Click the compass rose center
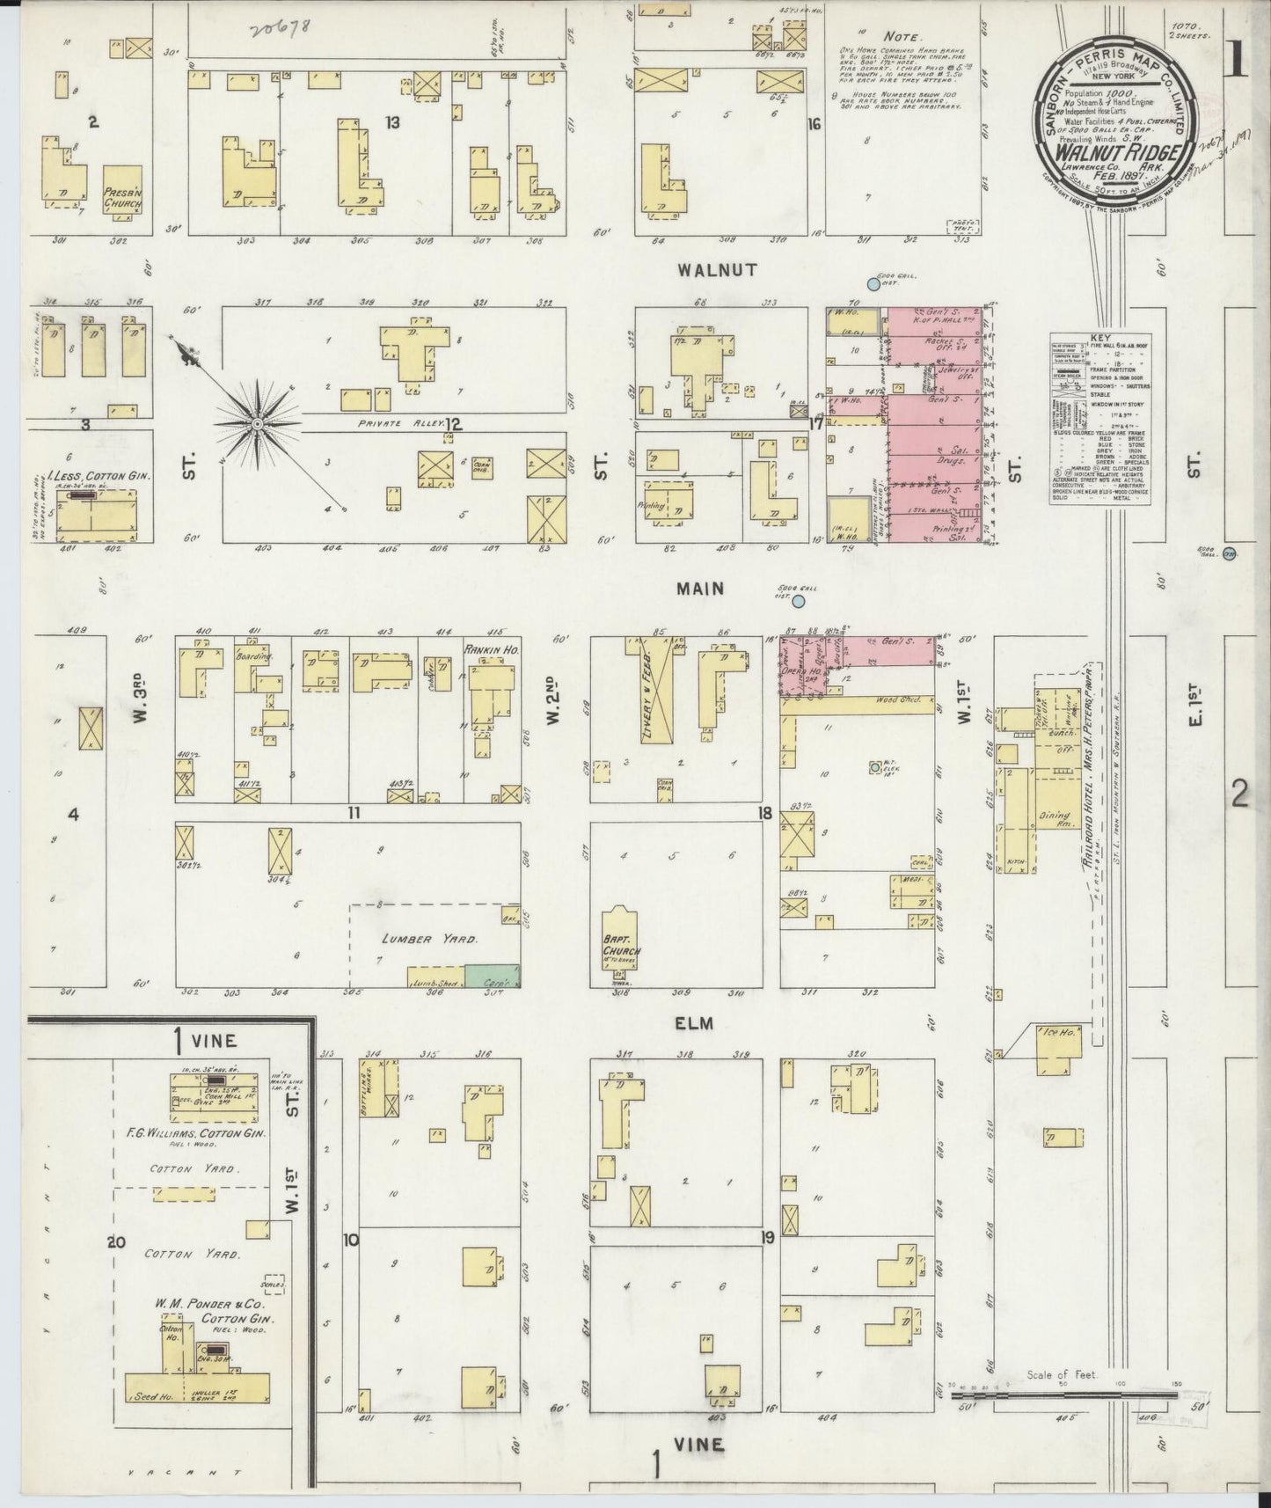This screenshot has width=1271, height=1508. click(256, 424)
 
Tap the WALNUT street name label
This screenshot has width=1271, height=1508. click(717, 270)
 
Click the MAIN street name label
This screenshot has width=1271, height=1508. click(700, 588)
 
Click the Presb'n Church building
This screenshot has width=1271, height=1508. click(121, 192)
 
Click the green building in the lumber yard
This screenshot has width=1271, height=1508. click(492, 975)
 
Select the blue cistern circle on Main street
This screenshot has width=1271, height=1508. click(799, 602)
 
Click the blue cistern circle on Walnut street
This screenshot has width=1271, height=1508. click(873, 283)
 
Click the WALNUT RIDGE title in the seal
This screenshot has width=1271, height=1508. click(1114, 145)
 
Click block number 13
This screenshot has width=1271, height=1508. click(391, 122)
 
